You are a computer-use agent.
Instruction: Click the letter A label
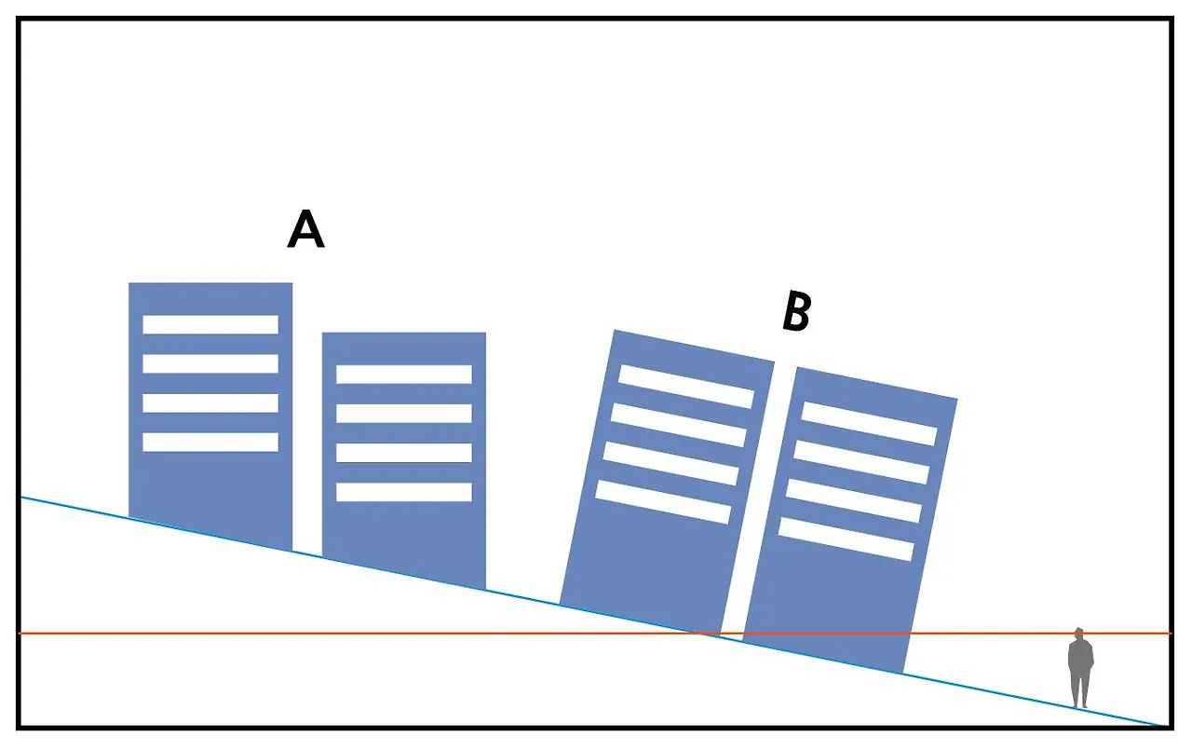coord(305,229)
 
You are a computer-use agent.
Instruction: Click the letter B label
coord(796,312)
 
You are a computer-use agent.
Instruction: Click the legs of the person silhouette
coord(1079,692)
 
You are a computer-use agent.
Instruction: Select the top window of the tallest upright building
coord(210,324)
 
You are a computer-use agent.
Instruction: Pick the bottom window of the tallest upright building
coord(210,442)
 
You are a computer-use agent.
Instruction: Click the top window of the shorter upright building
coord(404,374)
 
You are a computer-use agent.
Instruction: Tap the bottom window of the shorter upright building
coord(404,492)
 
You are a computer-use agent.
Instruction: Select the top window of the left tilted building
coord(686,386)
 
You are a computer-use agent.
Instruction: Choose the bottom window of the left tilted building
coord(663,501)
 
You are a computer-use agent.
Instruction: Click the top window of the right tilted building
coord(869,423)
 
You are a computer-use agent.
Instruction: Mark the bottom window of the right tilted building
coord(846,539)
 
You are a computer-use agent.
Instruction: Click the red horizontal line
coord(372,634)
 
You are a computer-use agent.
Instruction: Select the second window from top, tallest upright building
coord(210,363)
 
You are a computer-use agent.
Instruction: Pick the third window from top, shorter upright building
coord(404,453)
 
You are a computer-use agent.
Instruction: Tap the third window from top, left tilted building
coord(670,463)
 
